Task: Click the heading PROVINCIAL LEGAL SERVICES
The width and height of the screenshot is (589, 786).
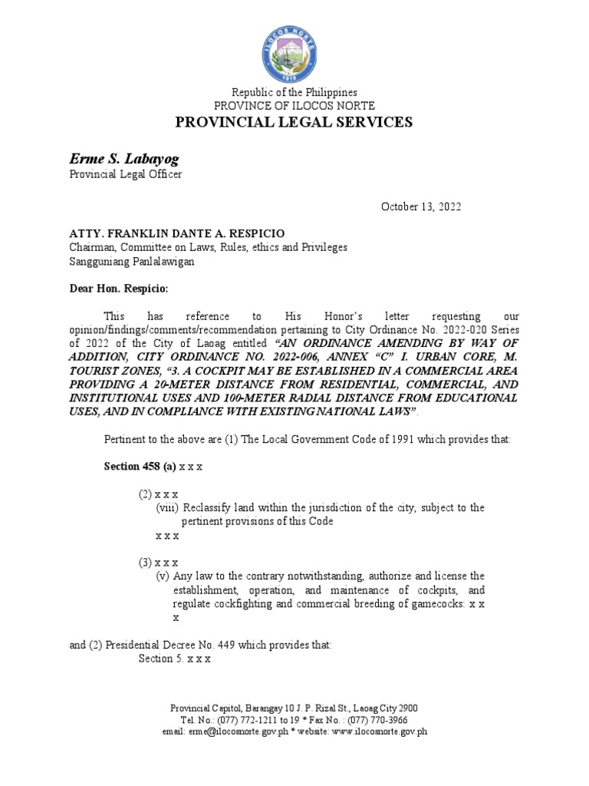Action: [294, 122]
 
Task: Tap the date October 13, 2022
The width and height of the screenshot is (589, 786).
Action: [421, 207]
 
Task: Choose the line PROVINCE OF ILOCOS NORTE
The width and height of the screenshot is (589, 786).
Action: [294, 105]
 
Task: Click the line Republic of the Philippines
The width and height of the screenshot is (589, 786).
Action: [294, 93]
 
